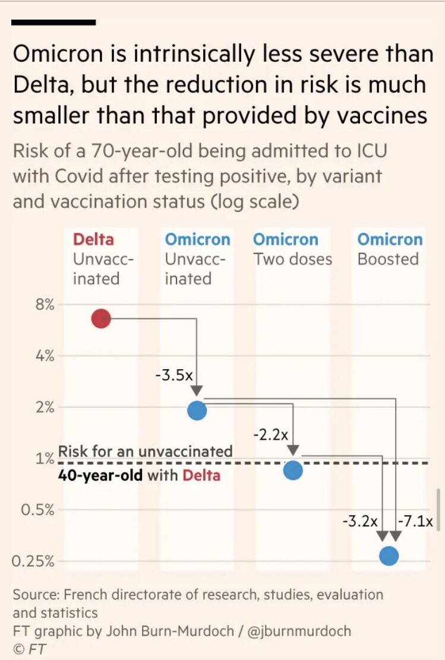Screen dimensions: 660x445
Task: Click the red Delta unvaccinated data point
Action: (101, 319)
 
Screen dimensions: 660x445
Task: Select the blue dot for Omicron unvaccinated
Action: (197, 410)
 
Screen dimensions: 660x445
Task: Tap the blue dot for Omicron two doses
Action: (293, 470)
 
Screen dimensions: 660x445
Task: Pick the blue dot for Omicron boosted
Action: (389, 556)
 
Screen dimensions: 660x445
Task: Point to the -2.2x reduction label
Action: (270, 434)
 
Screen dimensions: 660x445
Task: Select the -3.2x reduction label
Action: (360, 522)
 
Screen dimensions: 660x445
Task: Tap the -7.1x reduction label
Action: (416, 522)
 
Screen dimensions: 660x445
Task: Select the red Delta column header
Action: (93, 239)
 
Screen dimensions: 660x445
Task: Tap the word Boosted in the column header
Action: (388, 259)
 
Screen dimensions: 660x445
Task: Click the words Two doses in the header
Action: (292, 259)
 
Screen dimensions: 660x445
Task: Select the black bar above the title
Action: (53, 22)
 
